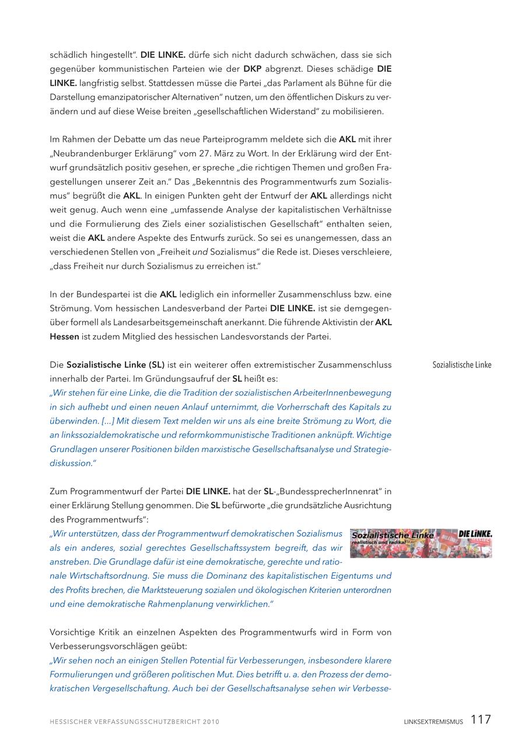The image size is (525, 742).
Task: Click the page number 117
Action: coord(481,720)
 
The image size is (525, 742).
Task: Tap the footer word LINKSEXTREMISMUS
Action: coord(433,722)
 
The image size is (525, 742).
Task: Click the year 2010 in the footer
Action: coord(211,722)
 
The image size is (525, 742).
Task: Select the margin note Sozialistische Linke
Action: coord(461,365)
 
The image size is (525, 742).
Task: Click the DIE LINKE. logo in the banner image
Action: coord(475,534)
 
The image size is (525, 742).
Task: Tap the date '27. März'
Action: coord(215,153)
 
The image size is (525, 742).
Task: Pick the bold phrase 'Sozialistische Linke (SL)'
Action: coord(116,365)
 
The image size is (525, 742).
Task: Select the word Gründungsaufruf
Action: coord(169,379)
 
